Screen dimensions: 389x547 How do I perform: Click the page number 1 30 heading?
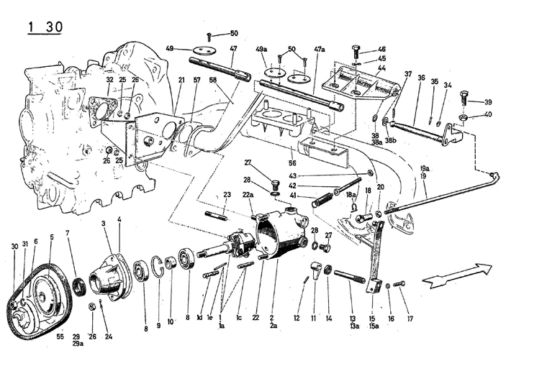click(45, 27)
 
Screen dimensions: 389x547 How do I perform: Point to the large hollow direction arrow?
click(457, 275)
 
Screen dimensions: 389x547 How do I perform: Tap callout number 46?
click(381, 49)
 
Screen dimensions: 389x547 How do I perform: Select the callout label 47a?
click(320, 48)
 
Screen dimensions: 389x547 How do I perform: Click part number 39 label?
click(487, 101)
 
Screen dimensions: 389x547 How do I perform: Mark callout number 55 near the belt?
click(60, 337)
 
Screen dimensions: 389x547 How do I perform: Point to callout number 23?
click(226, 195)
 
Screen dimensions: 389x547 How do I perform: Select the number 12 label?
click(297, 317)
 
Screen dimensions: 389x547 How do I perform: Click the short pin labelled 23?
click(217, 214)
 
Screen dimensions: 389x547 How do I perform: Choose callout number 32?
click(110, 80)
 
